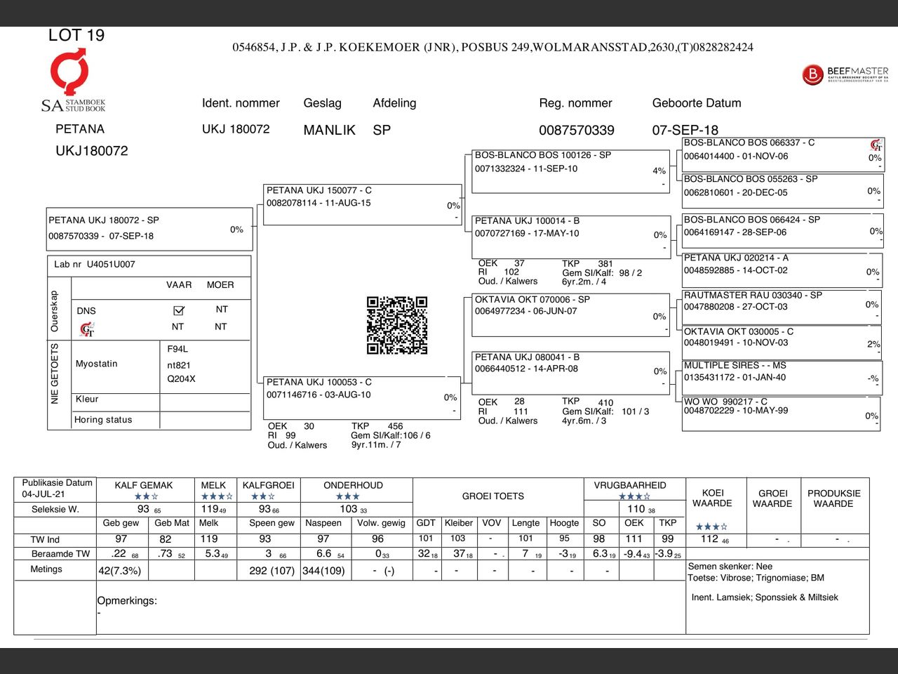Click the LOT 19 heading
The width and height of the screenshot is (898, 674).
pos(76,35)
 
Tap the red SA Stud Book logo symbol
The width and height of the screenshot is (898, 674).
pos(69,70)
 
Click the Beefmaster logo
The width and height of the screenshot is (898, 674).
pos(845,74)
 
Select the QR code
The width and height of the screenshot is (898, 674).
pos(397,325)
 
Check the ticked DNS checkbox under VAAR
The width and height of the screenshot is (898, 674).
pos(178,310)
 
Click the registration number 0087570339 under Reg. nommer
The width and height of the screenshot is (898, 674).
pos(576,130)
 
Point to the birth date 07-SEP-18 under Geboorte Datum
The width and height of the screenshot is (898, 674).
pos(685,130)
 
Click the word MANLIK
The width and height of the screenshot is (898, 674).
pos(329,130)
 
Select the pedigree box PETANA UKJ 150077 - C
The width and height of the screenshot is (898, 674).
pos(362,204)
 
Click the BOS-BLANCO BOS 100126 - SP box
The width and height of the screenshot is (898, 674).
pos(570,171)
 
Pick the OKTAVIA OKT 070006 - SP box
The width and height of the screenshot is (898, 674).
pos(570,315)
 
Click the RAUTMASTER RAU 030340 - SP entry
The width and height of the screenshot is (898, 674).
pos(780,307)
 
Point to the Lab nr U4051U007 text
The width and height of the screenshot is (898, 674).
pos(95,265)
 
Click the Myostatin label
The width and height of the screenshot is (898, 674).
pos(97,364)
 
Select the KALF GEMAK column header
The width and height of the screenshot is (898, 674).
pos(144,485)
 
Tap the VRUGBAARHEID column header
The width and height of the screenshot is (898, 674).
pos(630,485)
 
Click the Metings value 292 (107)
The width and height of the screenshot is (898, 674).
pos(272,571)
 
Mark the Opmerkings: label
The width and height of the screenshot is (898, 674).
pos(127,601)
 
